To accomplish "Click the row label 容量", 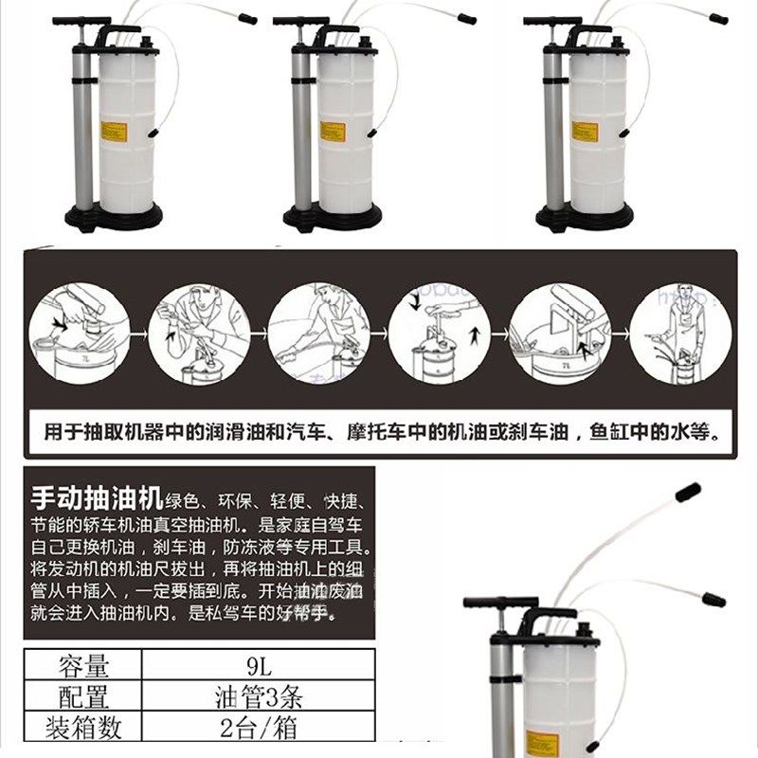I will coord(83,665).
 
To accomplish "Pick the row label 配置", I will coord(83,697).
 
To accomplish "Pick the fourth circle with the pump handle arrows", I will coord(440,334).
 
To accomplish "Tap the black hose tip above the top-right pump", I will coord(718,18).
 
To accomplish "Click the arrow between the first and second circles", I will coord(136,334).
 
